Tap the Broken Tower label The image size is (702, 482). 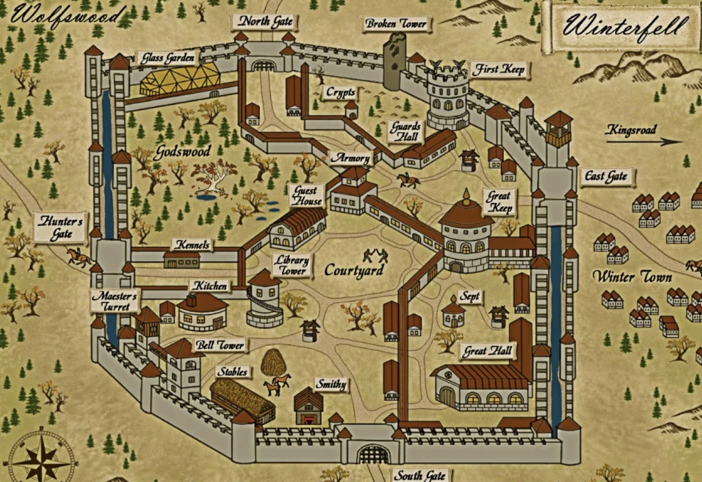[396, 24]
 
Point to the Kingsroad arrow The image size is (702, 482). [644, 142]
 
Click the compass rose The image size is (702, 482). [41, 457]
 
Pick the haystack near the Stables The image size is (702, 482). [273, 362]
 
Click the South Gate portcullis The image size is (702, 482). [372, 455]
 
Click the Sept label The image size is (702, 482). [469, 297]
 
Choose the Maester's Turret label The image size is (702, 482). [115, 301]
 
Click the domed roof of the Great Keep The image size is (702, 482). [466, 213]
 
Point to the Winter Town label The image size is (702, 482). [633, 277]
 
